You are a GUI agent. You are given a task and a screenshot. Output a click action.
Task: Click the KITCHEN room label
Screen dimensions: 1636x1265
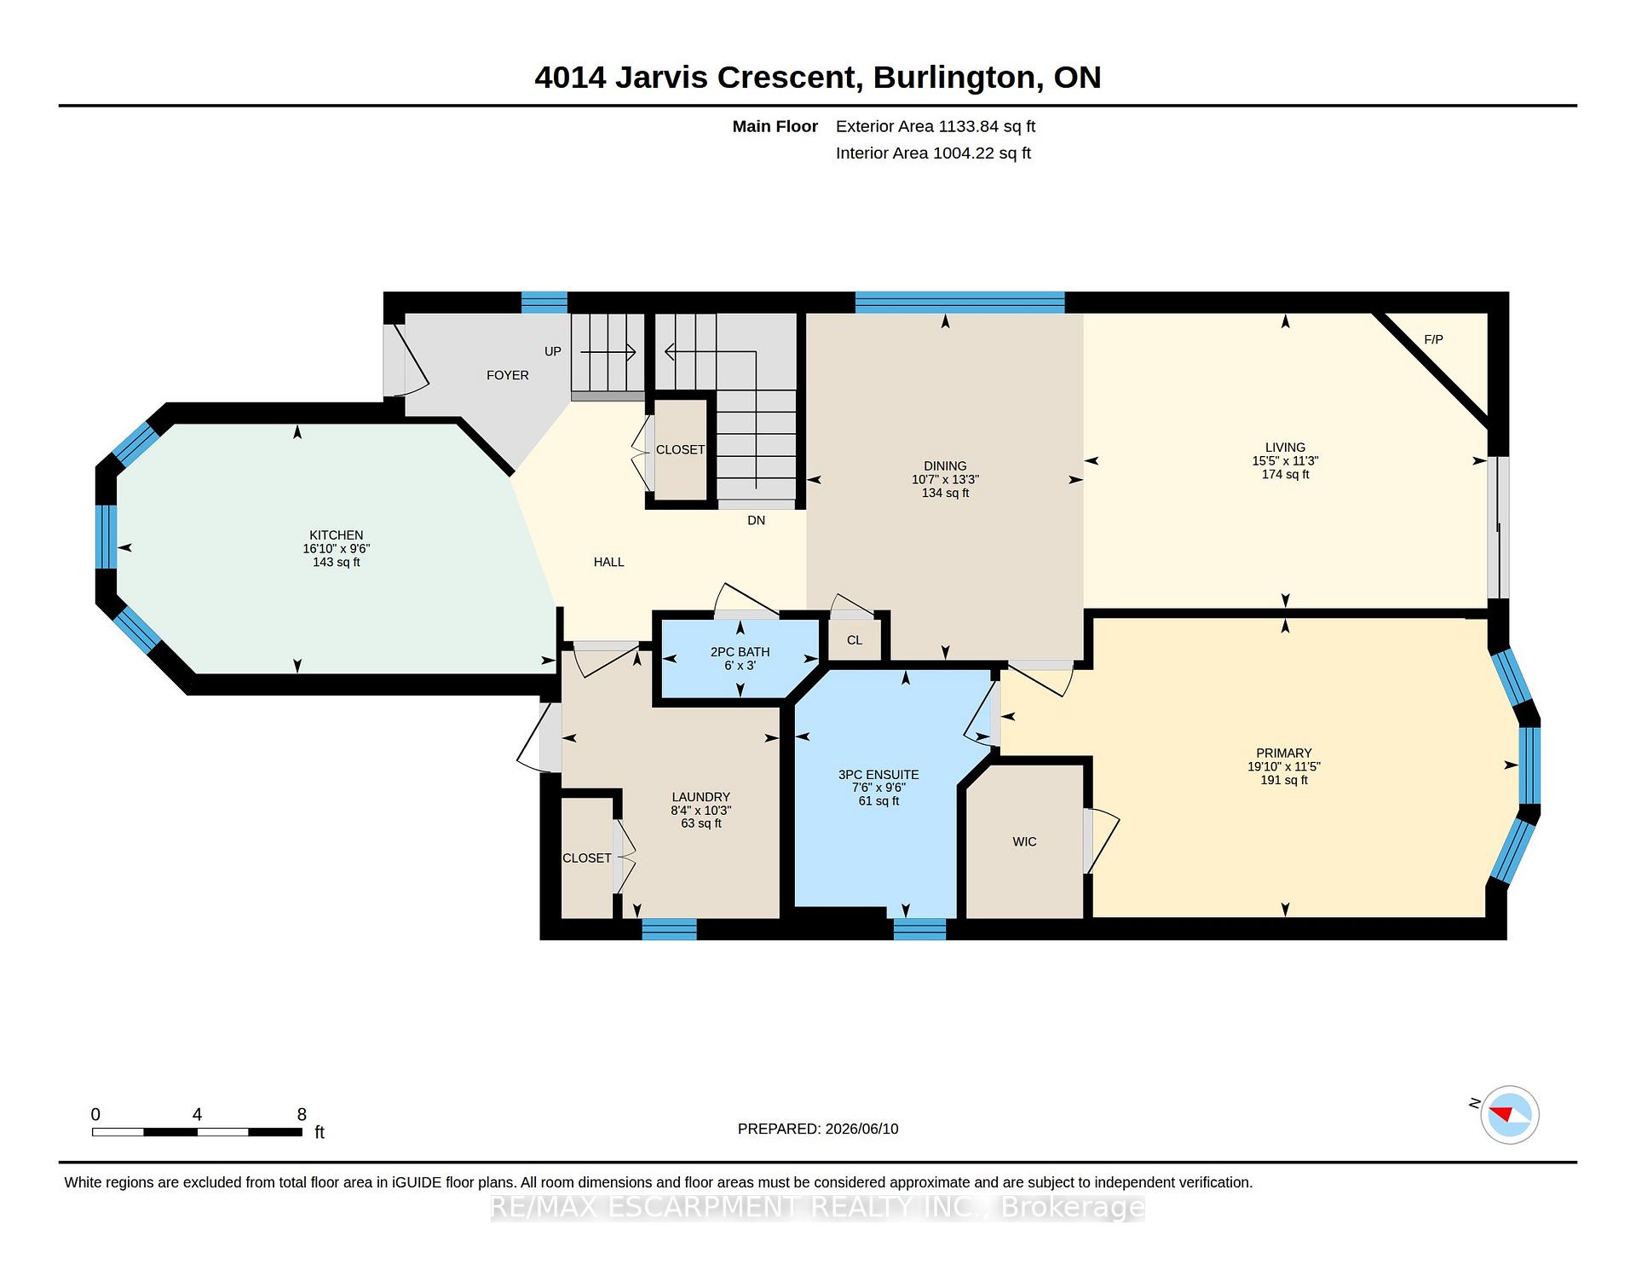coord(337,535)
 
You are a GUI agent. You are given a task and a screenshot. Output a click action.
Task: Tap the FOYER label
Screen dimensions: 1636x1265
coord(508,375)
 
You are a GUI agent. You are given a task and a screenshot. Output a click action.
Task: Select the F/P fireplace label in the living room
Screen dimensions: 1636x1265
coord(1433,339)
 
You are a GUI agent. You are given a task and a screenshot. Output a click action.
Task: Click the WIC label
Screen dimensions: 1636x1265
coord(1024,841)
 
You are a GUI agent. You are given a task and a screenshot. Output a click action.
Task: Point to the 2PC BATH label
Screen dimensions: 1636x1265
coord(740,652)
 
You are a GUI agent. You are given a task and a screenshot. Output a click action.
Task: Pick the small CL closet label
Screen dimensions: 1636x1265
coord(855,640)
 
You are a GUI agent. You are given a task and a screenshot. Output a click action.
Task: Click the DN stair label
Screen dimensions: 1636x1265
coord(756,520)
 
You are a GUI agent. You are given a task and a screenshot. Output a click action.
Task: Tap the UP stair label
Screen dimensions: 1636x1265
coord(553,351)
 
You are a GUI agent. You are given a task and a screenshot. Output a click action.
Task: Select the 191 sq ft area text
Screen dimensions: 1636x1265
coord(1284,780)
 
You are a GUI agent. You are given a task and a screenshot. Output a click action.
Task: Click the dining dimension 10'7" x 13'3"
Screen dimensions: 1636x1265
coord(945,480)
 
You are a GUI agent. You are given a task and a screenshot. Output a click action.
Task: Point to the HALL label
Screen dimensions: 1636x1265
coord(609,562)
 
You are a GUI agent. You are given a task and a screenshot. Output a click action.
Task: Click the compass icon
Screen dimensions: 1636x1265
coord(1509,1114)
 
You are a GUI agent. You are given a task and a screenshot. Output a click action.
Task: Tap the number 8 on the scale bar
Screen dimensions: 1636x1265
coord(302,1114)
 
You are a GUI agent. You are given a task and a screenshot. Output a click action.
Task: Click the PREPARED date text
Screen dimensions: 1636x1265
coord(818,1129)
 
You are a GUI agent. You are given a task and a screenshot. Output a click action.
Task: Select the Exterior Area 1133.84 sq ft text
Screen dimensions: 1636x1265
coord(936,126)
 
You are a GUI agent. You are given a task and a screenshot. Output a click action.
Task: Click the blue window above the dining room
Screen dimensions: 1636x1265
coord(960,303)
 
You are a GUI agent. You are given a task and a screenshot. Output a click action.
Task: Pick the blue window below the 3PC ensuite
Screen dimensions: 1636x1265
coord(919,929)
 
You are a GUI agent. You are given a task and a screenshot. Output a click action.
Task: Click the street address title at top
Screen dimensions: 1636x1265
coord(818,78)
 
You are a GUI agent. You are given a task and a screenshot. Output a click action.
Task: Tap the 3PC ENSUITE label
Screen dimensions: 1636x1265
coord(878,775)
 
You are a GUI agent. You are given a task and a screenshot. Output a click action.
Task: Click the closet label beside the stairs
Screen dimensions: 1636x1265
coord(680,450)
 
